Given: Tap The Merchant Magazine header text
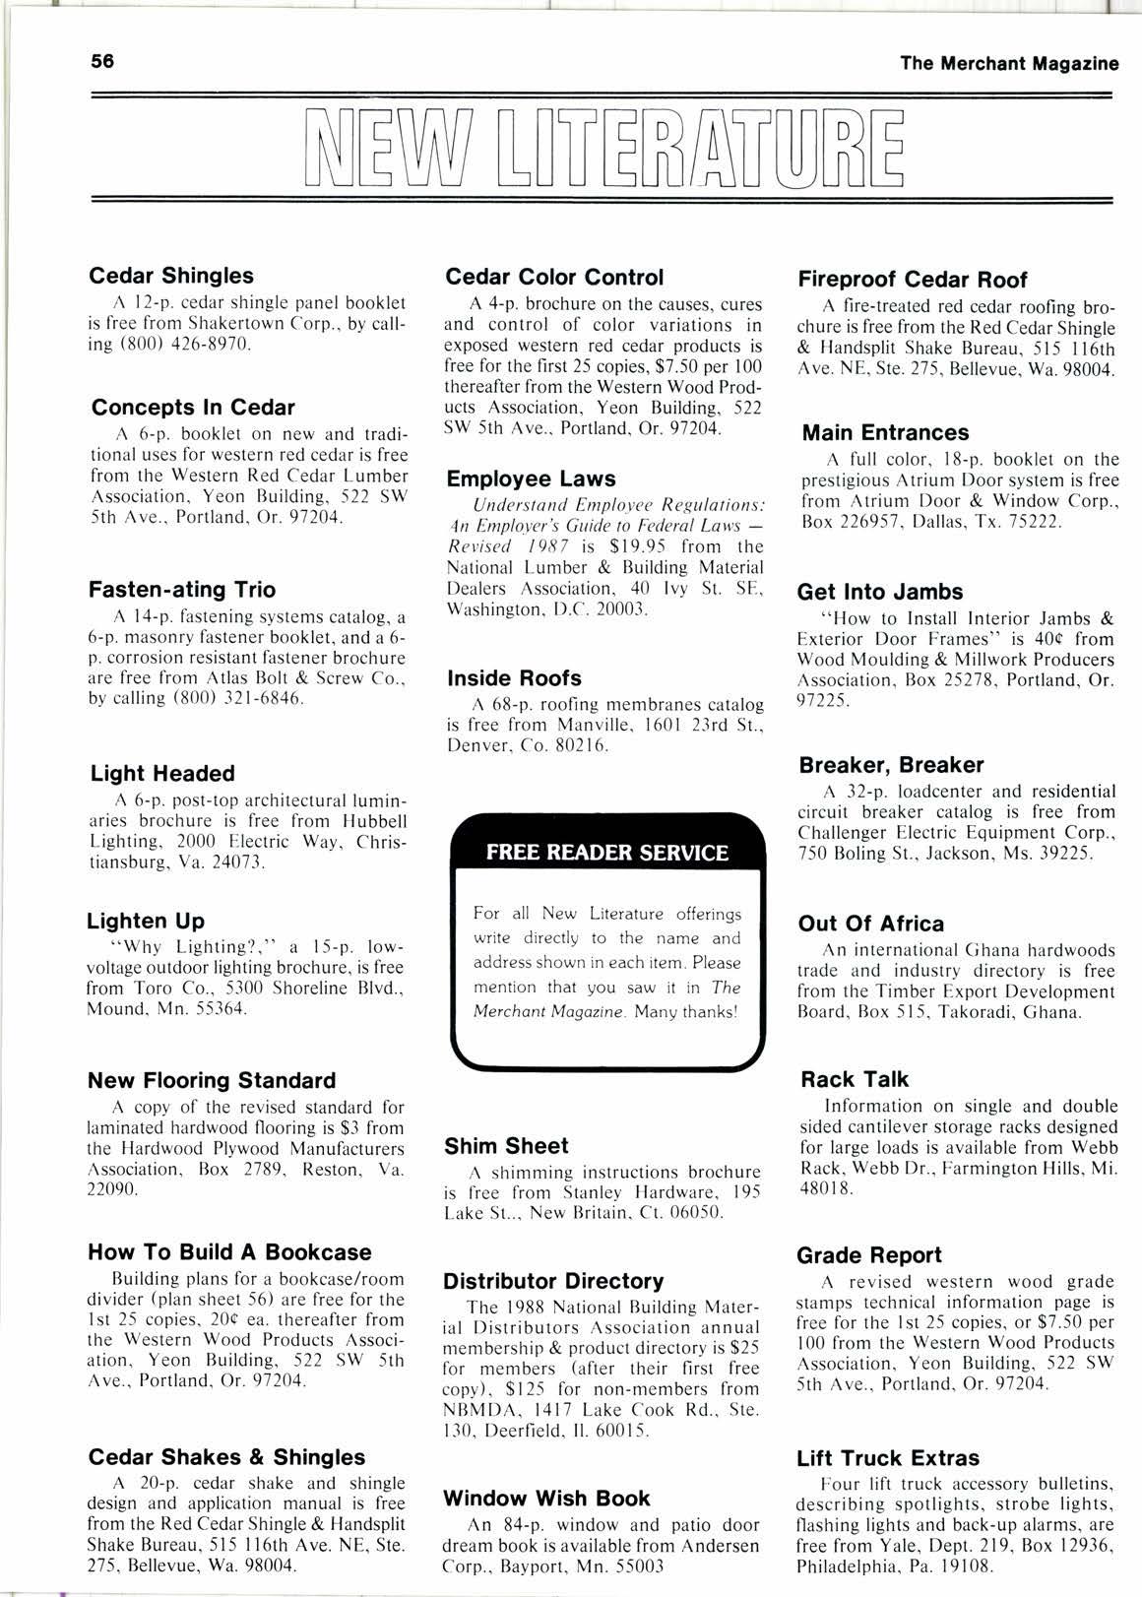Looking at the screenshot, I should pos(1009,64).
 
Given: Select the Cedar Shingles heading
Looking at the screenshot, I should pos(171,276).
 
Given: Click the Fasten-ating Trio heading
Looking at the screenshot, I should pos(182,590).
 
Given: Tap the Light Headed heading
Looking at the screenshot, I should pos(162,774).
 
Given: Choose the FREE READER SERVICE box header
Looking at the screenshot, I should pos(607,853).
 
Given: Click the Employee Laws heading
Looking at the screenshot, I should pos(531,479).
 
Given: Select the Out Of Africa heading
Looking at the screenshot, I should pos(871,924).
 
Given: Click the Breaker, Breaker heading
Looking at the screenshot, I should pos(891,765).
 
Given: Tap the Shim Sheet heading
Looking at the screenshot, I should pos(506,1146).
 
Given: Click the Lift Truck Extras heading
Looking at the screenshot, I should pos(888,1458).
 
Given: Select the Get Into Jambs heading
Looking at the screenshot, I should pos(880,593).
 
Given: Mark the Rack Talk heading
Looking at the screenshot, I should pos(855,1079).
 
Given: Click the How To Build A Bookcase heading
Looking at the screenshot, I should pos(229,1252).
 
